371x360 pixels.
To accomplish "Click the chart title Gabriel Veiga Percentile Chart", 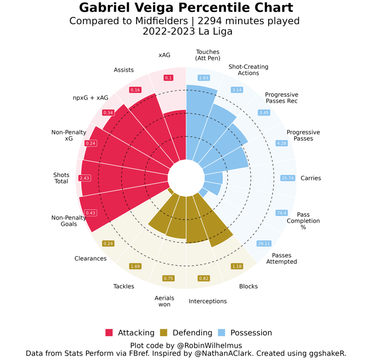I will coord(185,8).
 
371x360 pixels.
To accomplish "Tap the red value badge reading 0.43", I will coord(91,213).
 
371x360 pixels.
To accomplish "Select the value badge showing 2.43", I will coord(85,178).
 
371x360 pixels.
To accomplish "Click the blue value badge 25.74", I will coord(287,178).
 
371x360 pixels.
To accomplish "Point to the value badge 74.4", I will coord(281,213).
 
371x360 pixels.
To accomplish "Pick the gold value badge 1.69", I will coord(135,266).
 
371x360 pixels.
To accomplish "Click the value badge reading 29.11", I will coord(264,244).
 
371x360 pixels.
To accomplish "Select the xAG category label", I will coord(164,55).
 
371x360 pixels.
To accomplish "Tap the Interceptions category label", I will coord(208,301).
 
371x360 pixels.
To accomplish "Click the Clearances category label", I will coord(91,258).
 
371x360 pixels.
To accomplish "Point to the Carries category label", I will coord(311,178).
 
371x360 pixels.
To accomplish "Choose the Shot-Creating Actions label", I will coord(248,70).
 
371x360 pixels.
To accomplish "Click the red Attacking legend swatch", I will coord(109,333).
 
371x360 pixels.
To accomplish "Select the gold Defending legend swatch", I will coord(164,333).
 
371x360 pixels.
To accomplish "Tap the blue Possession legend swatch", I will coord(223,333).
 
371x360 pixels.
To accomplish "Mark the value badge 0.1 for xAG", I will coord(169,78).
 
